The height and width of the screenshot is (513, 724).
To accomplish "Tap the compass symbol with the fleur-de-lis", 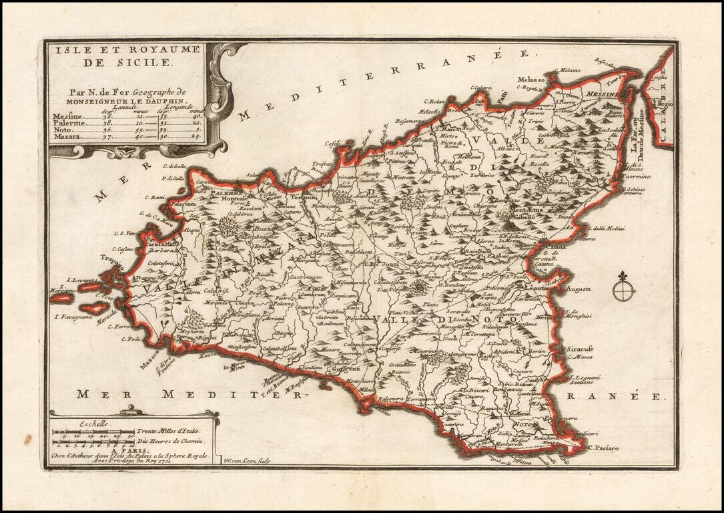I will click(x=623, y=289).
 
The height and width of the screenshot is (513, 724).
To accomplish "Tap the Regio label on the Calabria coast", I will click(x=665, y=104).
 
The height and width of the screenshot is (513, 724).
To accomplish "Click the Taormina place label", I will click(x=636, y=177).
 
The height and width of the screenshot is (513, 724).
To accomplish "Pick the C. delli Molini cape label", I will click(x=606, y=229).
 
